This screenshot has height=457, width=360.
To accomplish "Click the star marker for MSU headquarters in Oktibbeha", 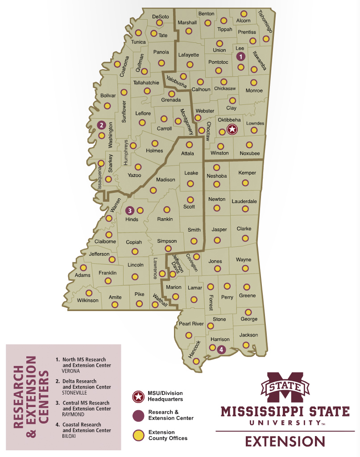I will pos(232,129).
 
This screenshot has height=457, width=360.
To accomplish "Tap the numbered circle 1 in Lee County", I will pos(240,57).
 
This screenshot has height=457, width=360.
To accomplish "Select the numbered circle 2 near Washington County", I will pos(101,125).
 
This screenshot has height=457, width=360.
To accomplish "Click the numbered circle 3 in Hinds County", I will pos(130,210).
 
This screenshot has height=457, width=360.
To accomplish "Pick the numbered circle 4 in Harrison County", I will pos(221,349).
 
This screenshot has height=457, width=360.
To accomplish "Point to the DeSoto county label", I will pos(161,17).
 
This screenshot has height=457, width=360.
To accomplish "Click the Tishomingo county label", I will pos(265,21).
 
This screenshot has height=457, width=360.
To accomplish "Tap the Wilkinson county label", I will pos(87,300).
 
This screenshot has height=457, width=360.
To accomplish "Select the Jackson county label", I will pos(248,335).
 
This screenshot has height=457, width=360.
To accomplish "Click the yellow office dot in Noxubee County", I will pos(249,145).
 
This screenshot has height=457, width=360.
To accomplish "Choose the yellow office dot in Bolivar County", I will pos(107,106).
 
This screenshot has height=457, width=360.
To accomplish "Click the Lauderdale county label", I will pos(244,202).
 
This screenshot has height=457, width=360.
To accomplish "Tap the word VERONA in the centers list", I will pos(73,371).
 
